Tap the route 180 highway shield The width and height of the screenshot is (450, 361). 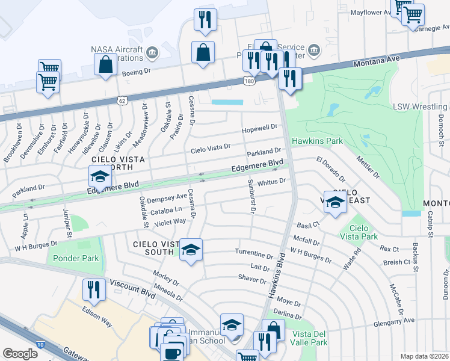tap(249, 80)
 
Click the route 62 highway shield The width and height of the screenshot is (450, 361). tap(122, 101)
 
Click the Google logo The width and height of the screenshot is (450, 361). tap(20, 354)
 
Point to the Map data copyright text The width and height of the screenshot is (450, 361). tap(425, 356)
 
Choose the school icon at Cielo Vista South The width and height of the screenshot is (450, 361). tap(190, 249)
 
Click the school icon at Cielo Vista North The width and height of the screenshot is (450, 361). tap(99, 176)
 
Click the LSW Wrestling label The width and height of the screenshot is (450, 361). tap(421, 106)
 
